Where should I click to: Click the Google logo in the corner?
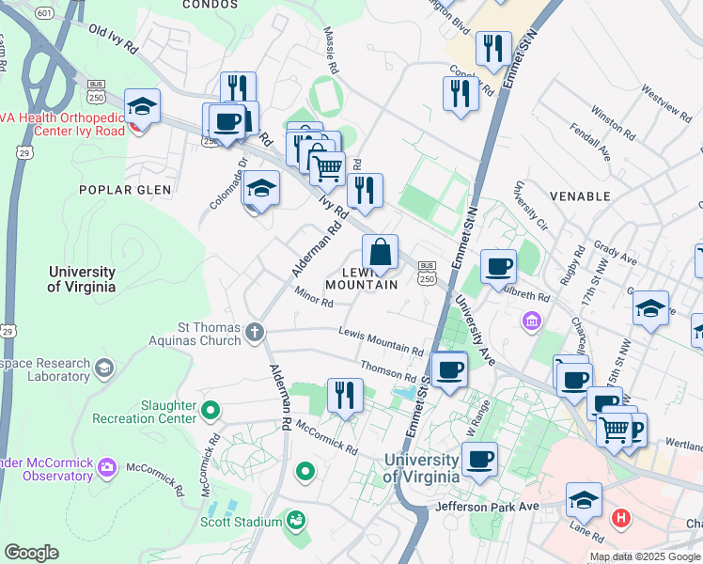31,553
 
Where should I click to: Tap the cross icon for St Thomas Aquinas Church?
255,331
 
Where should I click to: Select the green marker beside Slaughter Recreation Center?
211,410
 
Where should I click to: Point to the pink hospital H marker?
620,517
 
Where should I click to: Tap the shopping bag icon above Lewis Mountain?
381,253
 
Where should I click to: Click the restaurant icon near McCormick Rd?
345,395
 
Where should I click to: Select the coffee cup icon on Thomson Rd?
449,368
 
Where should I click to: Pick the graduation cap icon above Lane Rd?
584,500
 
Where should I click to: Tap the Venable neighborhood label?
584,196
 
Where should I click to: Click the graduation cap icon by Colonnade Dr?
261,188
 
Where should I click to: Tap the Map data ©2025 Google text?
645,556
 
